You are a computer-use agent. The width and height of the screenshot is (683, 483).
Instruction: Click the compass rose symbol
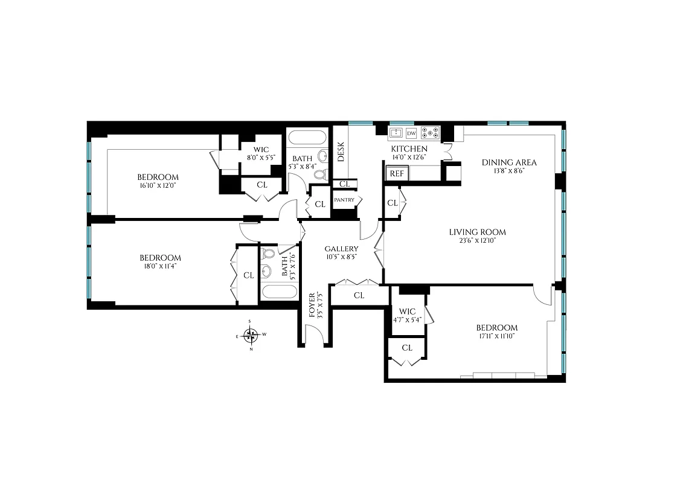coord(252,334)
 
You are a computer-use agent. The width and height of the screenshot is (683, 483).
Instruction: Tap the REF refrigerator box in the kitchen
coord(396,173)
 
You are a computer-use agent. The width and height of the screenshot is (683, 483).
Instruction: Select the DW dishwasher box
coord(411,133)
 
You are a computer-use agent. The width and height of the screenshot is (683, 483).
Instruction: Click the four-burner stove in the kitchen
coord(431,133)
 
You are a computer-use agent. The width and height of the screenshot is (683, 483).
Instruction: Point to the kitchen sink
coord(396,133)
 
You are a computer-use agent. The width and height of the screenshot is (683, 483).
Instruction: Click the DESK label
coord(341,152)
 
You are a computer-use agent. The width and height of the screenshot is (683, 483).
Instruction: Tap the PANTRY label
coord(344,200)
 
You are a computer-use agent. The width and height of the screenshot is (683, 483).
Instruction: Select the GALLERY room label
coord(341,249)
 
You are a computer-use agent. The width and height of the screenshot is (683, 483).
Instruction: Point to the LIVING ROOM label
coord(477,232)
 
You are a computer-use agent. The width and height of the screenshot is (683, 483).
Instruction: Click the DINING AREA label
coord(508,162)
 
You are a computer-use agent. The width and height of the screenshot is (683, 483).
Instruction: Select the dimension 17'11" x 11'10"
coord(496,336)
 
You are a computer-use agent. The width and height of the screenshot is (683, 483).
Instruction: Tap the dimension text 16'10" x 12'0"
coord(158,185)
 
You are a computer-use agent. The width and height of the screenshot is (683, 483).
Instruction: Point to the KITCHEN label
coord(409,149)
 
